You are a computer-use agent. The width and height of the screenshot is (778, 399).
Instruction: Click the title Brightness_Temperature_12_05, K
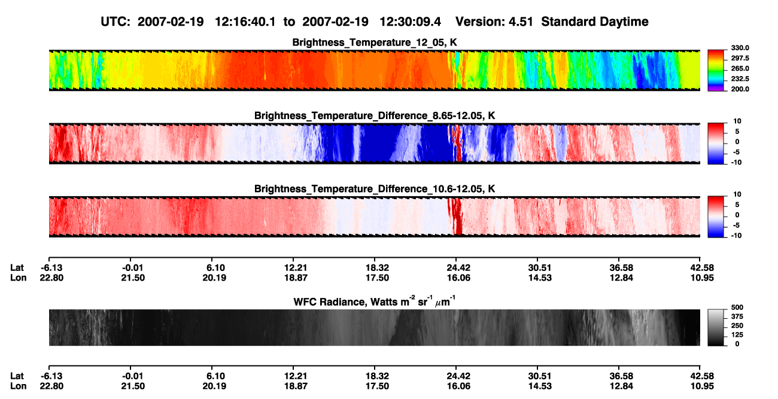375,42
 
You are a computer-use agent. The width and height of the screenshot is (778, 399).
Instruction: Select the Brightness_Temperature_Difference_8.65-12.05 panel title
375,115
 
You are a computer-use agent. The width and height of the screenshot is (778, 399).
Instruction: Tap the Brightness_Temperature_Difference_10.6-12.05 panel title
375,189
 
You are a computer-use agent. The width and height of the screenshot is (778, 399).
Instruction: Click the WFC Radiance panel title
375,301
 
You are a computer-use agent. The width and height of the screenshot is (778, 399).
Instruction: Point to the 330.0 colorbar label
740,48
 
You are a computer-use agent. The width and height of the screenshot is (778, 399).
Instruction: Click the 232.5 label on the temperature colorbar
740,79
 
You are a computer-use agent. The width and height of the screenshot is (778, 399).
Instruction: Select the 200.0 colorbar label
740,89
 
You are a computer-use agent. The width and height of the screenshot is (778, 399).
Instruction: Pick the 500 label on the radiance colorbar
737,307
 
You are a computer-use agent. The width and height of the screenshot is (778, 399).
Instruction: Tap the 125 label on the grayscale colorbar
737,335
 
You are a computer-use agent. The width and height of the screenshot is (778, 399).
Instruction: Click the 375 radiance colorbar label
737,316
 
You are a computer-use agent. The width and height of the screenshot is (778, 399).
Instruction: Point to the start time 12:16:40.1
245,22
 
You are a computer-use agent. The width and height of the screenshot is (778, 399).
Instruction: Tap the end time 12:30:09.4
410,22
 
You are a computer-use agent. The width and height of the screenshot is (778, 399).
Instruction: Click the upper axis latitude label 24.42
458,268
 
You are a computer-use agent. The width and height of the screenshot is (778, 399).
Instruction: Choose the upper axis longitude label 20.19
214,278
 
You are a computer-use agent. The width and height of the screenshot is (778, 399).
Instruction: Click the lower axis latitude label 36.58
621,376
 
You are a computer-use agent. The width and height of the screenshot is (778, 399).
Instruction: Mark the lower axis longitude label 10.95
702,386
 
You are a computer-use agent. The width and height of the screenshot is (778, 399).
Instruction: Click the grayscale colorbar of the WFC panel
716,327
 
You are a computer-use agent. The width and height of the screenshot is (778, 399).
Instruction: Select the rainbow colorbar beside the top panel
716,71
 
